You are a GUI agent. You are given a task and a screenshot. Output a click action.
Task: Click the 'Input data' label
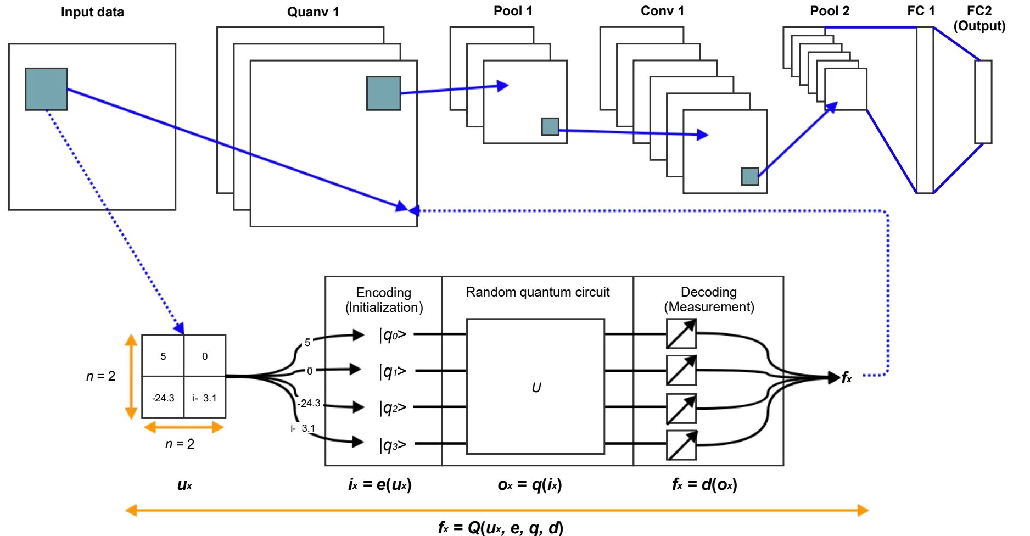pos(92,12)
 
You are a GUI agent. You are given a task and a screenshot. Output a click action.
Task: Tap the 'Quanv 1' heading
pos(313,12)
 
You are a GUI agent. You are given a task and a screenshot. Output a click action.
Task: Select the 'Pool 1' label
pos(513,11)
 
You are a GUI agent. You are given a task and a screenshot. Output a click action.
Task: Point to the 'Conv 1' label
pos(662,11)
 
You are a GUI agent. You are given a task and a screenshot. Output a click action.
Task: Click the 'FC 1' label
pos(921,11)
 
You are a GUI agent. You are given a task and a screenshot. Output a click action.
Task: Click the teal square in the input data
pos(47,89)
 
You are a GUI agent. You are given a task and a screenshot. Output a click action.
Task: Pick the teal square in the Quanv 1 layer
pos(384,93)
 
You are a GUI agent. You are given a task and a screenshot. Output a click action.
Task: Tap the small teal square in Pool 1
pos(550,126)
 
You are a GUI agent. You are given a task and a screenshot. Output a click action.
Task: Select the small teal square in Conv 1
pos(750,176)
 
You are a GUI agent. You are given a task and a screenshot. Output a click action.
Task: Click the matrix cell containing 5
pos(163,356)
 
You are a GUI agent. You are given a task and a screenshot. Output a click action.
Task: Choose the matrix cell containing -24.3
pos(163,398)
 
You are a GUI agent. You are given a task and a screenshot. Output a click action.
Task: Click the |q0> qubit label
pos(393,334)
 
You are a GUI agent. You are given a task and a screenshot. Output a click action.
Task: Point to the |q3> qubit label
pos(393,445)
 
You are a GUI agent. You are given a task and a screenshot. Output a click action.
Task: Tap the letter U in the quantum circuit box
pos(536,388)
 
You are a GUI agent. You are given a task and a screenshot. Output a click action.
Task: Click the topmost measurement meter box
pos(681,333)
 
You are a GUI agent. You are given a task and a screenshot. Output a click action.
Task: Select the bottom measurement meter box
pos(681,445)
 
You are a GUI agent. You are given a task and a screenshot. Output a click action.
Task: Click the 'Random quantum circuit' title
pos(538,292)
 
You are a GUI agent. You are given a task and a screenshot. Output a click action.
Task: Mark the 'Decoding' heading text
pos(708,292)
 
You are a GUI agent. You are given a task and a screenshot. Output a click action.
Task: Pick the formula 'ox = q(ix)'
pos(530,484)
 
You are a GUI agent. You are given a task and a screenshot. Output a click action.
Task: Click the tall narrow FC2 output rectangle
pos(983,102)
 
